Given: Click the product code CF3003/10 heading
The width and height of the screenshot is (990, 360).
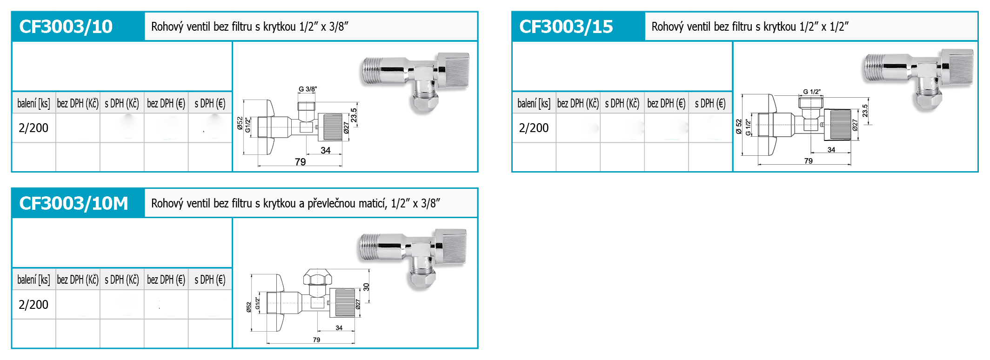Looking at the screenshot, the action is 66,27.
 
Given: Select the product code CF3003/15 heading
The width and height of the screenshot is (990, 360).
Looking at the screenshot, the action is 566,27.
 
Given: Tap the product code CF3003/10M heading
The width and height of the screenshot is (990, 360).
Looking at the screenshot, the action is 74,203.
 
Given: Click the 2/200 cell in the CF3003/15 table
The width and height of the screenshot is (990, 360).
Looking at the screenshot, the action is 534,128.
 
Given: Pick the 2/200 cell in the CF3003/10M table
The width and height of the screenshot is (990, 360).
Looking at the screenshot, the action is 33,305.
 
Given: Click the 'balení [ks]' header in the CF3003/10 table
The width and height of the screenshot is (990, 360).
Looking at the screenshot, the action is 33,103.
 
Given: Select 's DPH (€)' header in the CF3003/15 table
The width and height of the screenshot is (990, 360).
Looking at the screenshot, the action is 710,103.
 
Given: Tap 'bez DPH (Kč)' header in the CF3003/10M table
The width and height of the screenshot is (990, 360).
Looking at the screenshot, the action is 78,280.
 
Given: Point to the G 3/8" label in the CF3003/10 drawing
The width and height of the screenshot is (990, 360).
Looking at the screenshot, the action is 308,89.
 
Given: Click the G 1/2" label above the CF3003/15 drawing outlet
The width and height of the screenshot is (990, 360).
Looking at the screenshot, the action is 812,92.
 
